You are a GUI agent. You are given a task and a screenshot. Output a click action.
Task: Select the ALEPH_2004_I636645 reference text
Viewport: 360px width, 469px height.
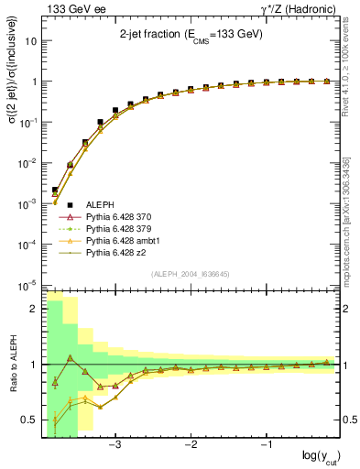point(190,273)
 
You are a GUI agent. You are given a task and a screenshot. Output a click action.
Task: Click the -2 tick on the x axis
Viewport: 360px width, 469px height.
point(191,445)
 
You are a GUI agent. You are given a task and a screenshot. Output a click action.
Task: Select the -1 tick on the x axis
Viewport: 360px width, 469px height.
point(267,445)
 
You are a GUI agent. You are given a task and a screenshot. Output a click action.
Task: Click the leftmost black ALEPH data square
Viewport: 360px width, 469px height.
point(55,190)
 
